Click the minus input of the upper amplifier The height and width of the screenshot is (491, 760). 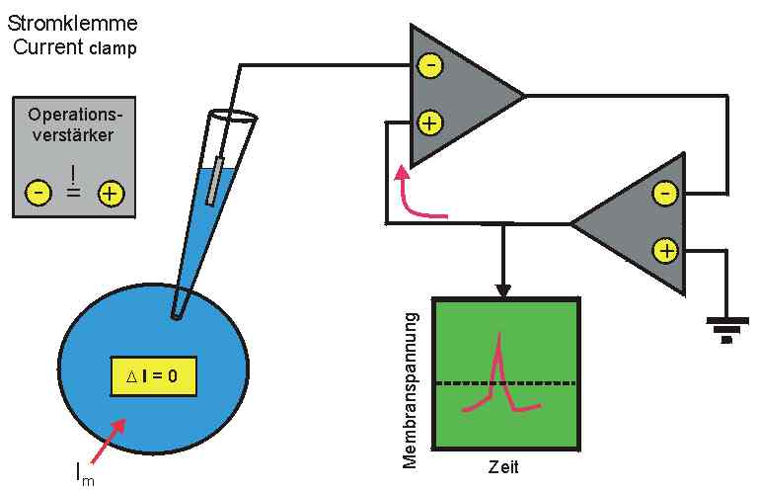[x=430, y=65]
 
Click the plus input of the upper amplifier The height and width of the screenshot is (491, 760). [x=430, y=123]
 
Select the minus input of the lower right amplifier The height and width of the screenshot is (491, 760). [x=666, y=193]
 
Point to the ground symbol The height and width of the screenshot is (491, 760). [x=726, y=326]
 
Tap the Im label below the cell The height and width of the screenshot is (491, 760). [x=87, y=474]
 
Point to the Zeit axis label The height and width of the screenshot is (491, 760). [x=503, y=466]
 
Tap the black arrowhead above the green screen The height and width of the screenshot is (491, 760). [x=504, y=290]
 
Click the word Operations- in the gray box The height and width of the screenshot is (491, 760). [x=75, y=114]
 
